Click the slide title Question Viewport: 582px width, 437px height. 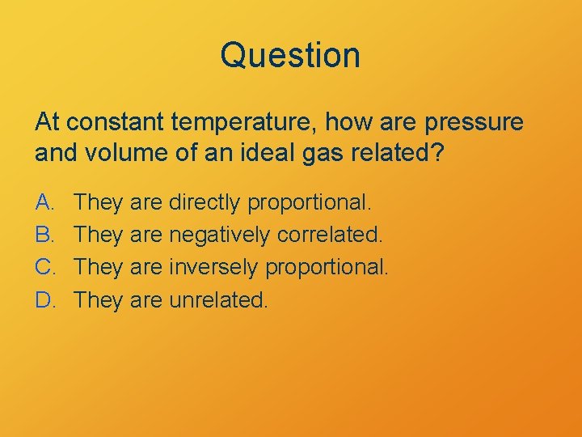(x=290, y=56)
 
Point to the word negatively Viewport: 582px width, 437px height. (x=220, y=235)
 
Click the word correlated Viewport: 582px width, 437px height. (x=328, y=234)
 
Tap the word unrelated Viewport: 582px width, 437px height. (x=217, y=300)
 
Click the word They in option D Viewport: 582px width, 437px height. (x=97, y=300)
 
